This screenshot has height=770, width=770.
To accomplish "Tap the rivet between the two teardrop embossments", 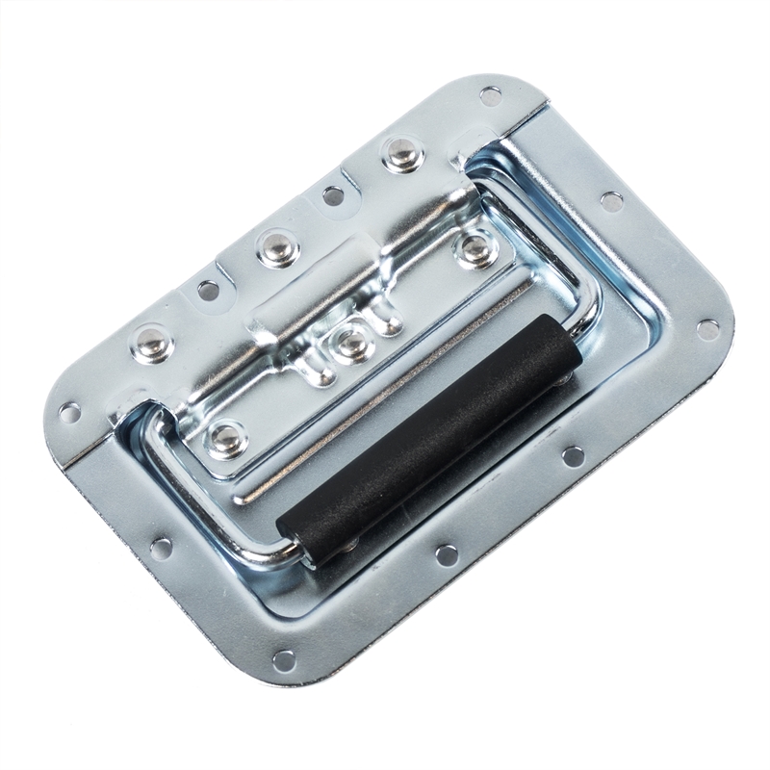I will [x=353, y=342].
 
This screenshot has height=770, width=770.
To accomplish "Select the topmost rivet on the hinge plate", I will [x=399, y=153].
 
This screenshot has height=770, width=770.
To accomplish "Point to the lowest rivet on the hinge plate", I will [x=228, y=438].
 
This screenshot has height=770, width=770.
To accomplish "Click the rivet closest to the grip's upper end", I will [x=475, y=249].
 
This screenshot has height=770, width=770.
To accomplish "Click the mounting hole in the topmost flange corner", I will [x=490, y=95].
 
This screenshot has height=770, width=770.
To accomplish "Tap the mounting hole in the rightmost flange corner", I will [x=707, y=329].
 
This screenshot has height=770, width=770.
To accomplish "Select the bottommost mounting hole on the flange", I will [x=284, y=659].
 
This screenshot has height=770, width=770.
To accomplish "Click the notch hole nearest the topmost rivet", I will [x=333, y=195].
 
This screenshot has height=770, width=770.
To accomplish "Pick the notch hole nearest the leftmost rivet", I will [x=208, y=289].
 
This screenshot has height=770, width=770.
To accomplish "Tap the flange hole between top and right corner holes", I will [x=611, y=201].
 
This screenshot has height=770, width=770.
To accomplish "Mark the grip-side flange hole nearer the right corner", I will [x=574, y=456].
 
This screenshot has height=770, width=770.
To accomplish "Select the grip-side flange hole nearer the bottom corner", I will [x=446, y=554].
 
